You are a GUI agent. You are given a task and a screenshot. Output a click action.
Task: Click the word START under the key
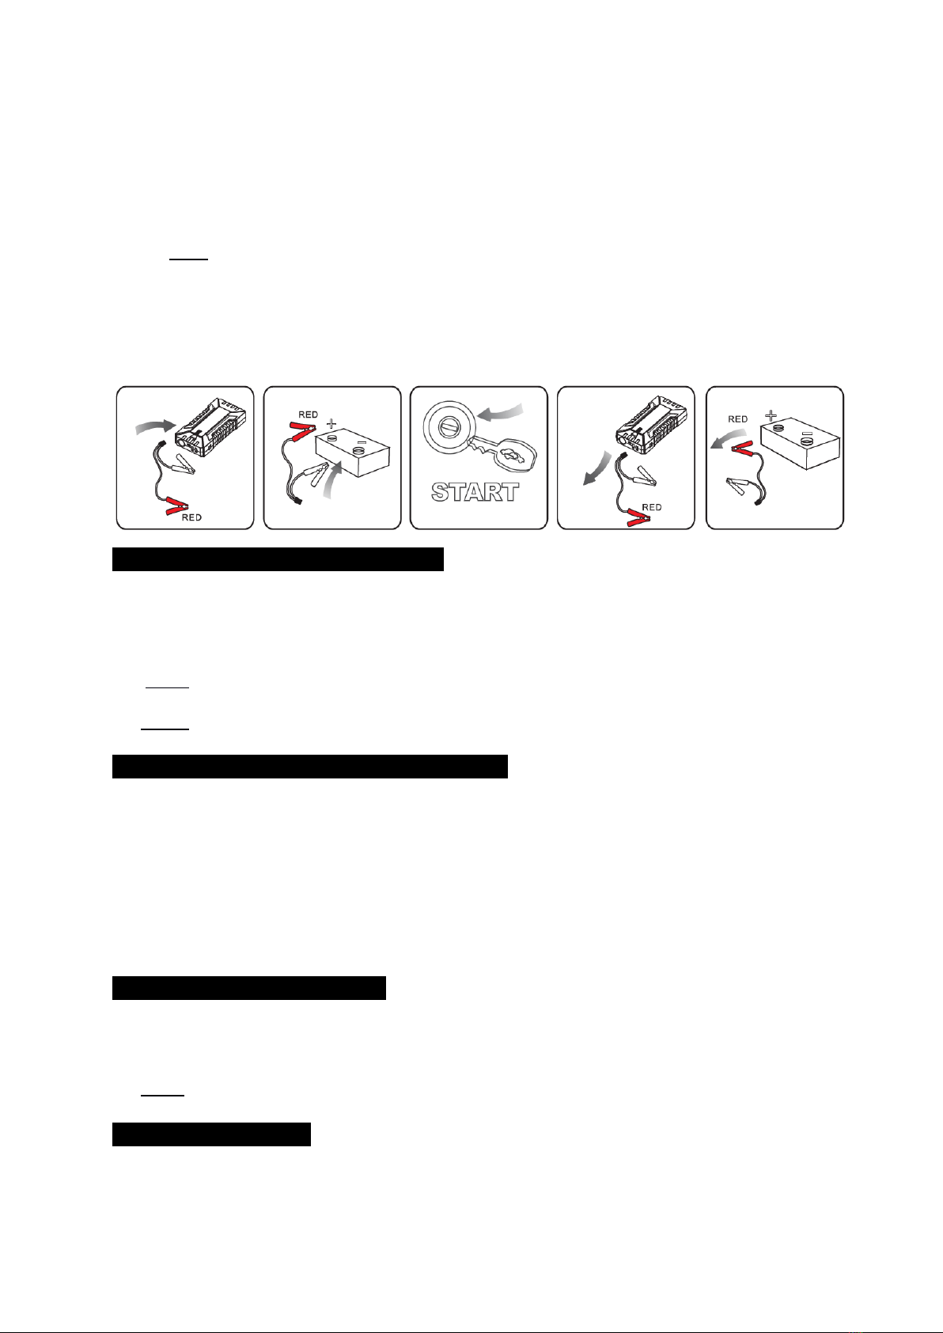[475, 492]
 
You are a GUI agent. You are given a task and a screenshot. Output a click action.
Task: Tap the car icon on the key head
[513, 457]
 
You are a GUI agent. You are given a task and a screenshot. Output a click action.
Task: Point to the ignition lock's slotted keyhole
[449, 429]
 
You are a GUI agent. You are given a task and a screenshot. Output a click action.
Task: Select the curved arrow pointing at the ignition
[500, 412]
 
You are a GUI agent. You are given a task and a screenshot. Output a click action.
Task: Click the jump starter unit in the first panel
[210, 426]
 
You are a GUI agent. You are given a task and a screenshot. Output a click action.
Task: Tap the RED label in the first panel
[191, 517]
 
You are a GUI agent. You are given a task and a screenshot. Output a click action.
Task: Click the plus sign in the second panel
[331, 424]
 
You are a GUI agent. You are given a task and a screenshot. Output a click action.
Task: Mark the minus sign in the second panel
[362, 443]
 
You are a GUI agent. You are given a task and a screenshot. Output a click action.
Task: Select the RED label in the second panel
[309, 415]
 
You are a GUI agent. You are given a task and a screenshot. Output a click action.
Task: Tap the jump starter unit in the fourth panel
[651, 426]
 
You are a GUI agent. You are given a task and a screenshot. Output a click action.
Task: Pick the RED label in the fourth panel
[651, 507]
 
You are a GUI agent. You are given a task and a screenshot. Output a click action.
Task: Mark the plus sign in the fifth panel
[771, 415]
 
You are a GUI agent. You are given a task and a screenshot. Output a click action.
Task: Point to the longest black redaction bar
[310, 767]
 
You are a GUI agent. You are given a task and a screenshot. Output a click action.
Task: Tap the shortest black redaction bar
[211, 1134]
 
